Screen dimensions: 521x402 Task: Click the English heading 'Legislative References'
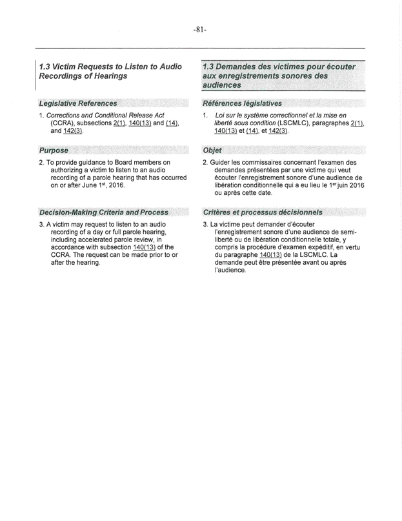point(78,103)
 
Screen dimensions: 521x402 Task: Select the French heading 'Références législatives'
point(242,103)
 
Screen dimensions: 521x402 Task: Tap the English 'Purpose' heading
point(54,150)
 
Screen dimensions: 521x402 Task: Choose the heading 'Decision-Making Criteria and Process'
point(104,212)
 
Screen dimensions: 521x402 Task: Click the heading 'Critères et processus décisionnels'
point(263,212)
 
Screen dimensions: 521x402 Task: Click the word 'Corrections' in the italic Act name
point(61,115)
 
